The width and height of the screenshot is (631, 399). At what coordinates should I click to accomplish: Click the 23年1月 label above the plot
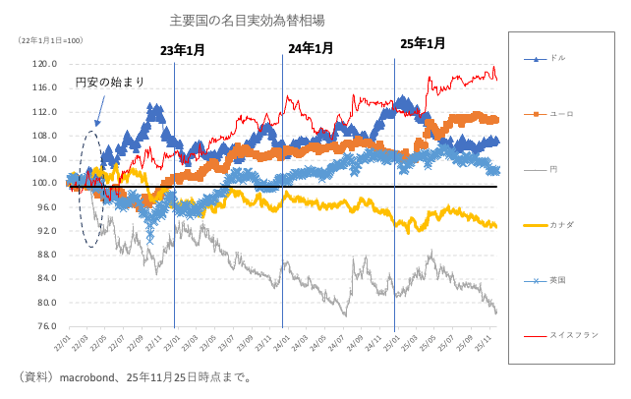pyautogui.click(x=184, y=49)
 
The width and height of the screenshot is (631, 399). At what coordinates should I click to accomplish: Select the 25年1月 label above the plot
pyautogui.click(x=423, y=43)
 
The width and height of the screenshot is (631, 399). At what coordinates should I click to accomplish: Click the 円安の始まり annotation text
pyautogui.click(x=111, y=83)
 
